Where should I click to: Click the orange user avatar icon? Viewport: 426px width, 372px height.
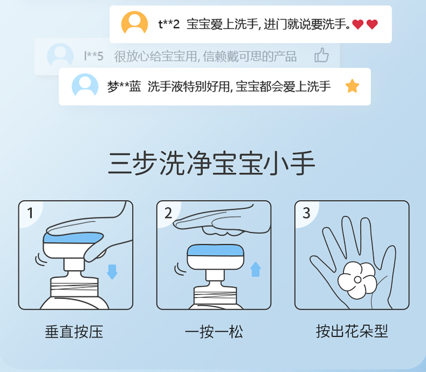(x=134, y=23)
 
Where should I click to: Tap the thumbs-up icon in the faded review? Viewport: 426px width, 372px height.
(x=322, y=55)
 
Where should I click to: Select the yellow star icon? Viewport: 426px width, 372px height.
(x=352, y=86)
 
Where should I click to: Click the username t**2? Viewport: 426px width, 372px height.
(x=169, y=24)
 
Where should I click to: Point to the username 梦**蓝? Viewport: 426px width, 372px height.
(x=124, y=87)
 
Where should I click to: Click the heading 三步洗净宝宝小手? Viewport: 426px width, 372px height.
(x=211, y=163)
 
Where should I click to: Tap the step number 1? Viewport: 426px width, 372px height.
(x=30, y=213)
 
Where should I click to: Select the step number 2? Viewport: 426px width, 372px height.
(x=168, y=213)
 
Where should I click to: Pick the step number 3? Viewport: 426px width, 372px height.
(x=306, y=213)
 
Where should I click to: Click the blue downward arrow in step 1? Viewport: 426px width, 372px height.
(x=112, y=272)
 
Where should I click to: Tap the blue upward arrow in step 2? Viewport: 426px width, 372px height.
(x=256, y=269)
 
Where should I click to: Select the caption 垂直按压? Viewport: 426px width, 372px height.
(x=74, y=332)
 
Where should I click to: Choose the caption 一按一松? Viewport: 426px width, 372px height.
(x=214, y=332)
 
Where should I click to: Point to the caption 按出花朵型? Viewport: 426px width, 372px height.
(x=352, y=331)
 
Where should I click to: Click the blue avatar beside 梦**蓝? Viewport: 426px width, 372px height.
(x=85, y=85)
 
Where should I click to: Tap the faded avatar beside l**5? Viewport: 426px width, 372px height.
(x=60, y=55)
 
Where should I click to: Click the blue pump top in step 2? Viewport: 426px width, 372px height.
(x=215, y=250)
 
